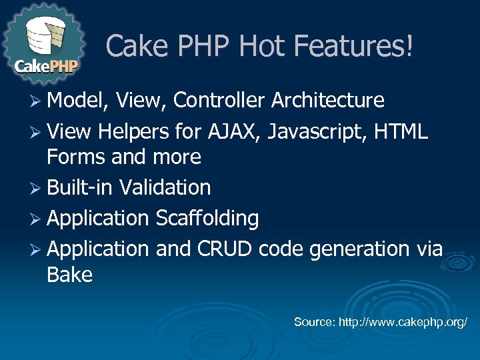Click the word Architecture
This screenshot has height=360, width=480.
328,101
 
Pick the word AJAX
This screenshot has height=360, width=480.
231,131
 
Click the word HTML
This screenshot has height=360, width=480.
401,131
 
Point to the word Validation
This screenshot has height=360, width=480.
165,188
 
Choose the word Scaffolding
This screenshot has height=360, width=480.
207,219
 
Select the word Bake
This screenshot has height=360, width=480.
69,275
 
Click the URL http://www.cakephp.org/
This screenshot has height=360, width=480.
403,323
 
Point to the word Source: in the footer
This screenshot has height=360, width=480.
315,323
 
